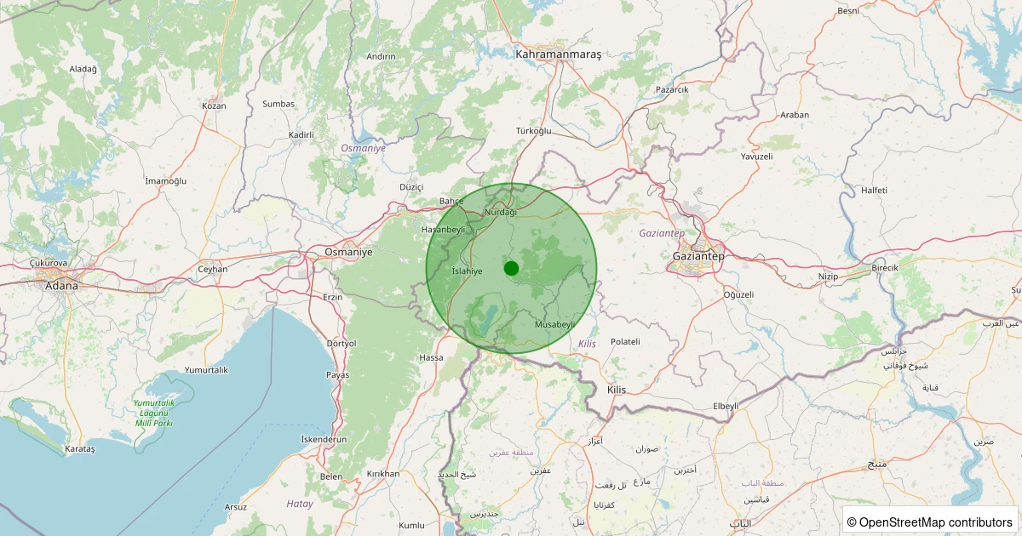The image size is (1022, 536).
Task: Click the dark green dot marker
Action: (511, 268)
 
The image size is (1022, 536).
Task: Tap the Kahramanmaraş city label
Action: (559, 54)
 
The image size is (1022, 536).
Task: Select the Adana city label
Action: (61, 286)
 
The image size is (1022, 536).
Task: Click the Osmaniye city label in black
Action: (348, 253)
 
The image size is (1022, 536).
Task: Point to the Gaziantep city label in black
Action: (698, 256)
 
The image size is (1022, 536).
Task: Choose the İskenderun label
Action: (324, 439)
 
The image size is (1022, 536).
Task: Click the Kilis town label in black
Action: (616, 390)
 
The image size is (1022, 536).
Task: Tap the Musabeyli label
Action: (556, 325)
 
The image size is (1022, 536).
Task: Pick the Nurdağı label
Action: (500, 212)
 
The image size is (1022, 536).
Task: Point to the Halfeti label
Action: (875, 190)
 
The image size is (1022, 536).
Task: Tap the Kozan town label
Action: (214, 106)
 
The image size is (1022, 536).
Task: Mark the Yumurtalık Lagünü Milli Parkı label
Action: (153, 413)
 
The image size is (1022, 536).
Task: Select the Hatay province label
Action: (300, 504)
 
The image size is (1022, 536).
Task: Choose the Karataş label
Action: (80, 448)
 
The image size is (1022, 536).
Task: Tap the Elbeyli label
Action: (726, 406)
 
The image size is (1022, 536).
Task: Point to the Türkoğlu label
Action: (534, 131)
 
